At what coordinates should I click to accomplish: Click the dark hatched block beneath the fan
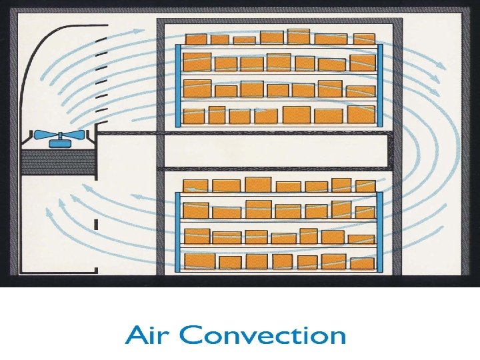click(x=58, y=162)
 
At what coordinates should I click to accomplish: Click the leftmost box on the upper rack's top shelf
click(x=196, y=40)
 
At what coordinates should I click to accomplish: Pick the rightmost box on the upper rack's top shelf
click(x=364, y=39)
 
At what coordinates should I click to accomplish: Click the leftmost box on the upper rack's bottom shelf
click(x=194, y=116)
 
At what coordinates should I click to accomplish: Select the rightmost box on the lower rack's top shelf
click(x=365, y=185)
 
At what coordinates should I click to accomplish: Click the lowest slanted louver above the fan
click(x=102, y=111)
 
